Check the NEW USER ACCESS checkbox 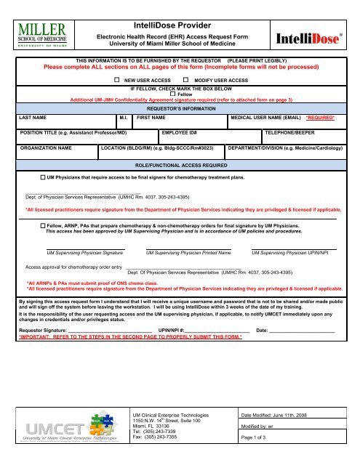point(117,77)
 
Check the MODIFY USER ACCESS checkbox point(186,77)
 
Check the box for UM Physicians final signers point(42,177)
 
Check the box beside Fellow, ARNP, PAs point(42,226)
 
